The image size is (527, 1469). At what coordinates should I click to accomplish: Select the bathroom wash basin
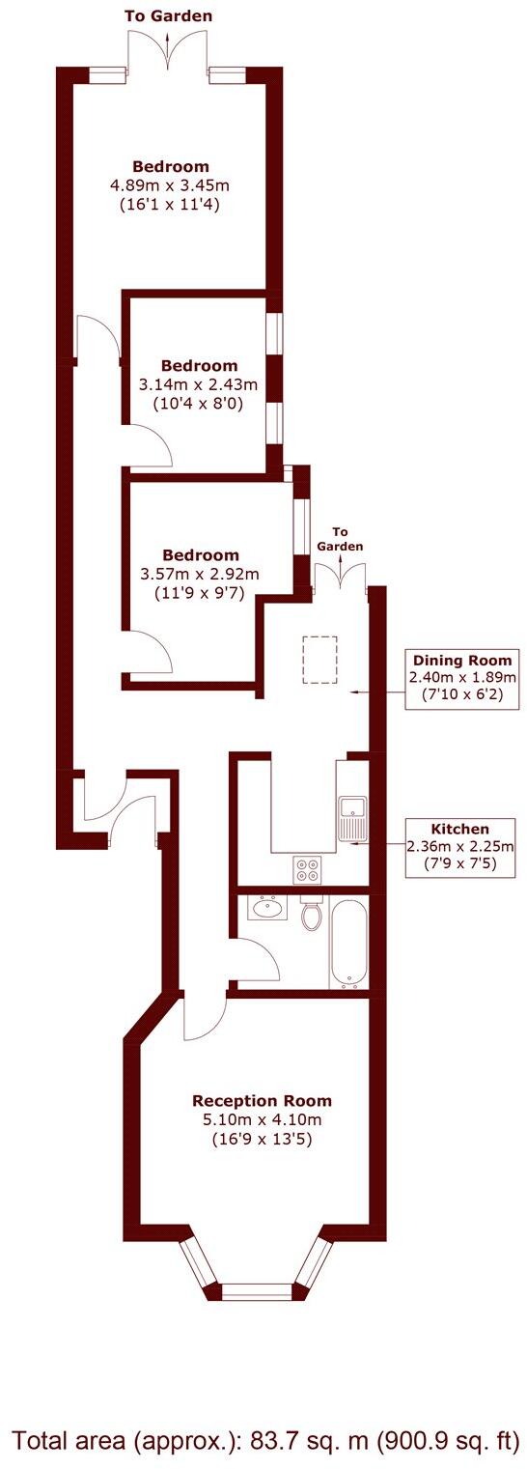(x=266, y=908)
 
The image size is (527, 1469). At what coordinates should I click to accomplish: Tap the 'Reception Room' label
(x=262, y=1101)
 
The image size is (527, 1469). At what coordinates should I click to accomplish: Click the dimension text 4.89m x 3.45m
(x=171, y=184)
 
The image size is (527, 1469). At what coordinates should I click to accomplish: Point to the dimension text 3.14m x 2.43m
(x=199, y=384)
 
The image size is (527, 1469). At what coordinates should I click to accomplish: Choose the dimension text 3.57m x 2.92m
(x=200, y=574)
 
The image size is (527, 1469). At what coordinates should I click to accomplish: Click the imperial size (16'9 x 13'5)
(x=262, y=1140)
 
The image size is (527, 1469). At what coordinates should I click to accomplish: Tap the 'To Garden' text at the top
(x=169, y=16)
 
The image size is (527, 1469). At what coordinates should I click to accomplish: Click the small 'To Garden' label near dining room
(x=341, y=539)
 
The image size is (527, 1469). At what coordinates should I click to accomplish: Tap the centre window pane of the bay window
(x=257, y=1290)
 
